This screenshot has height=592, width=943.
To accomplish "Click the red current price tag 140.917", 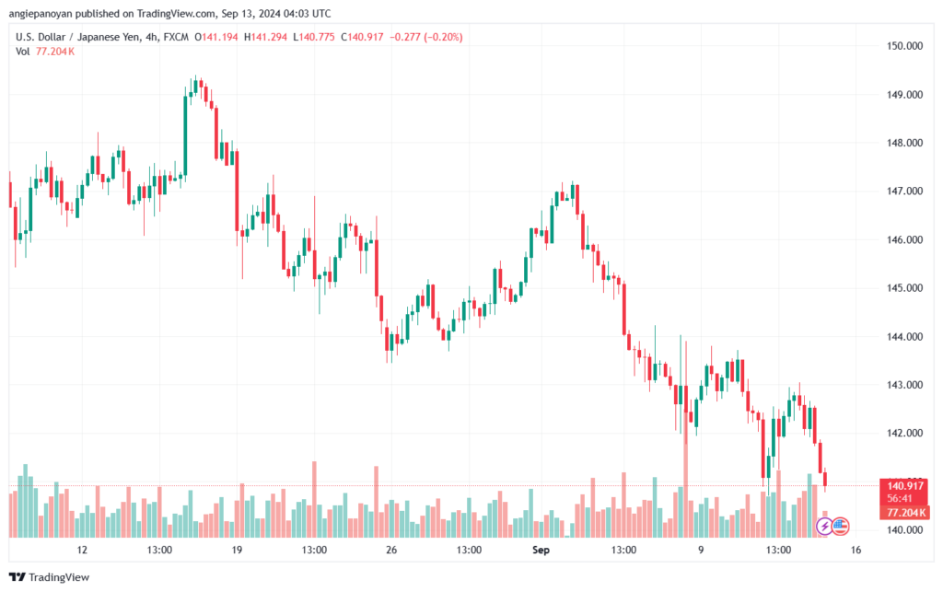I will click(x=906, y=485).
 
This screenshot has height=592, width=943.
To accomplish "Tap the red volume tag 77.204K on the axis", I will click(x=906, y=512).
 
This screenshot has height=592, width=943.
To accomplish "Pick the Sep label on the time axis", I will click(x=541, y=551).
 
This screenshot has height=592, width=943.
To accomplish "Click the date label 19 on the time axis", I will click(x=237, y=551).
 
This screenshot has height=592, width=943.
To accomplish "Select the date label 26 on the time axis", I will click(x=391, y=551).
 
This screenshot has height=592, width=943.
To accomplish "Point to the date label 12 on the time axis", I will click(x=82, y=551).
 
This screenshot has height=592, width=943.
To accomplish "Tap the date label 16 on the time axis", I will click(x=856, y=551).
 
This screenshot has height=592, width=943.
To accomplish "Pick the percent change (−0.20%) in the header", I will click(x=440, y=37).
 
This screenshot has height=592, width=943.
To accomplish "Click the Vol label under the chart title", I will click(x=23, y=52).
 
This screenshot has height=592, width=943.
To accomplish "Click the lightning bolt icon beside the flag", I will click(x=825, y=527).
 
